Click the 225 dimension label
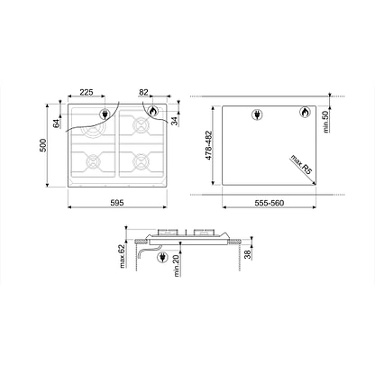(87, 92)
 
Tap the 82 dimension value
(143, 92)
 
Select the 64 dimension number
(57, 123)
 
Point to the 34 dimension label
(174, 121)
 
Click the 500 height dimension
(43, 145)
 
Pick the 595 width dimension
(117, 203)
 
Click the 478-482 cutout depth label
(209, 145)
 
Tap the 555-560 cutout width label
(270, 203)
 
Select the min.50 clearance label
(326, 122)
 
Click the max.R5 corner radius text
(301, 165)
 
